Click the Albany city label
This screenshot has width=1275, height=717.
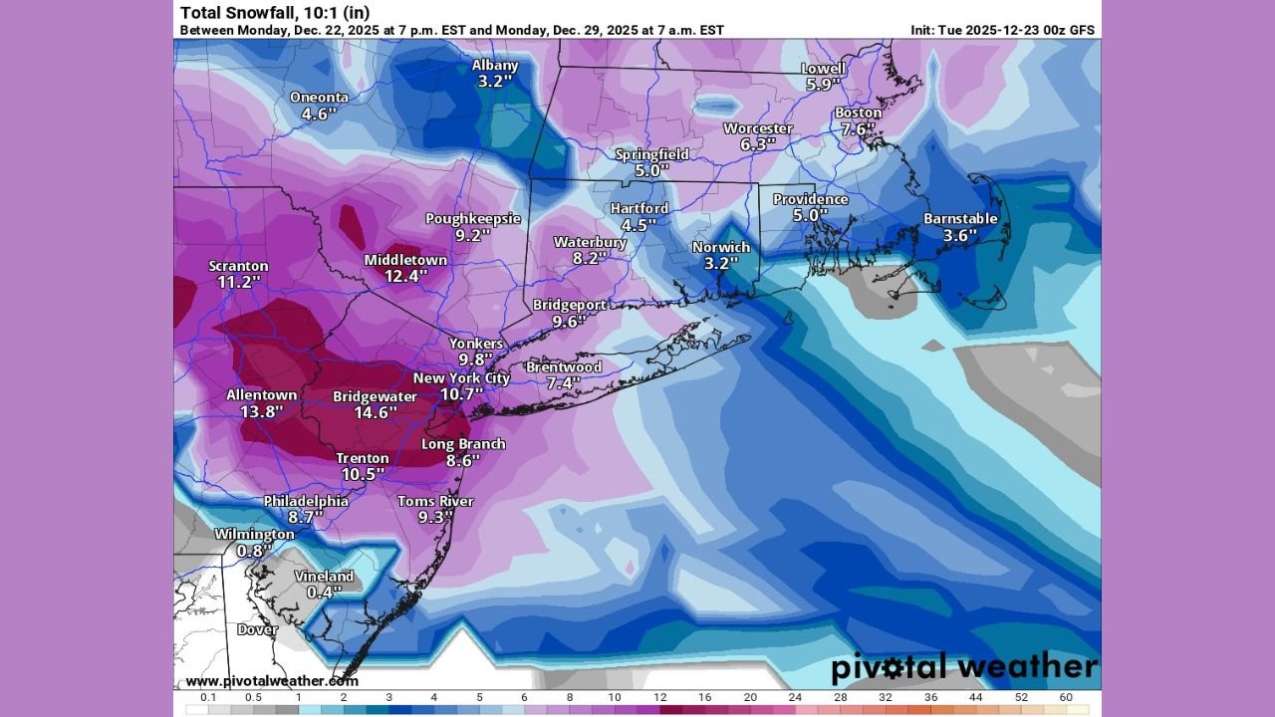click(495, 66)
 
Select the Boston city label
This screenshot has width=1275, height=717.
click(858, 113)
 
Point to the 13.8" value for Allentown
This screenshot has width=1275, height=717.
click(261, 410)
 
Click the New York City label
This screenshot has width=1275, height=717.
click(461, 378)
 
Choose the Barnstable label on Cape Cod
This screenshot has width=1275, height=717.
click(960, 219)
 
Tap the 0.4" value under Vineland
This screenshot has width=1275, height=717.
click(324, 592)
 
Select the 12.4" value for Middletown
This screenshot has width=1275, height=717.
click(405, 276)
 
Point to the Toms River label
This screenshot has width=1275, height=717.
click(435, 501)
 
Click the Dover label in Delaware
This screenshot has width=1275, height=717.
click(257, 629)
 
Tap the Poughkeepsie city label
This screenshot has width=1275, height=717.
click(473, 219)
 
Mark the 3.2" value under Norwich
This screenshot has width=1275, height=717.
click(720, 263)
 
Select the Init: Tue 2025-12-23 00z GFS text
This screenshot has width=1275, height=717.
click(1002, 30)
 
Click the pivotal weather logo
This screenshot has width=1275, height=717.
click(963, 667)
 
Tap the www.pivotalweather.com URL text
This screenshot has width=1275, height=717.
click(271, 681)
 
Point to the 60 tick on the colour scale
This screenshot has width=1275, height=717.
click(1066, 697)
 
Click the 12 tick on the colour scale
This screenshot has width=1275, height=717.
click(659, 697)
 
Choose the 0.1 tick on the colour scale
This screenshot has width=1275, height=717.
click(208, 697)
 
